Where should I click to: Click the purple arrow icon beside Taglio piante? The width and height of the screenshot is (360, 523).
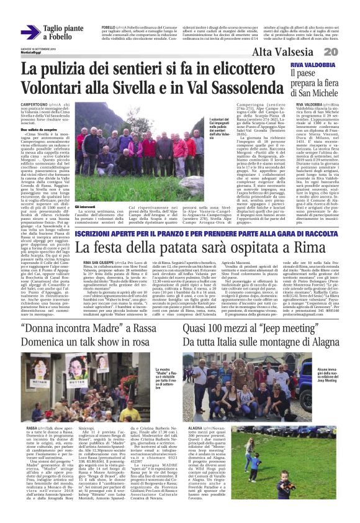pyautogui.click(x=30, y=32)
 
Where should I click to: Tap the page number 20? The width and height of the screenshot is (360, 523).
pyautogui.click(x=346, y=53)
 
